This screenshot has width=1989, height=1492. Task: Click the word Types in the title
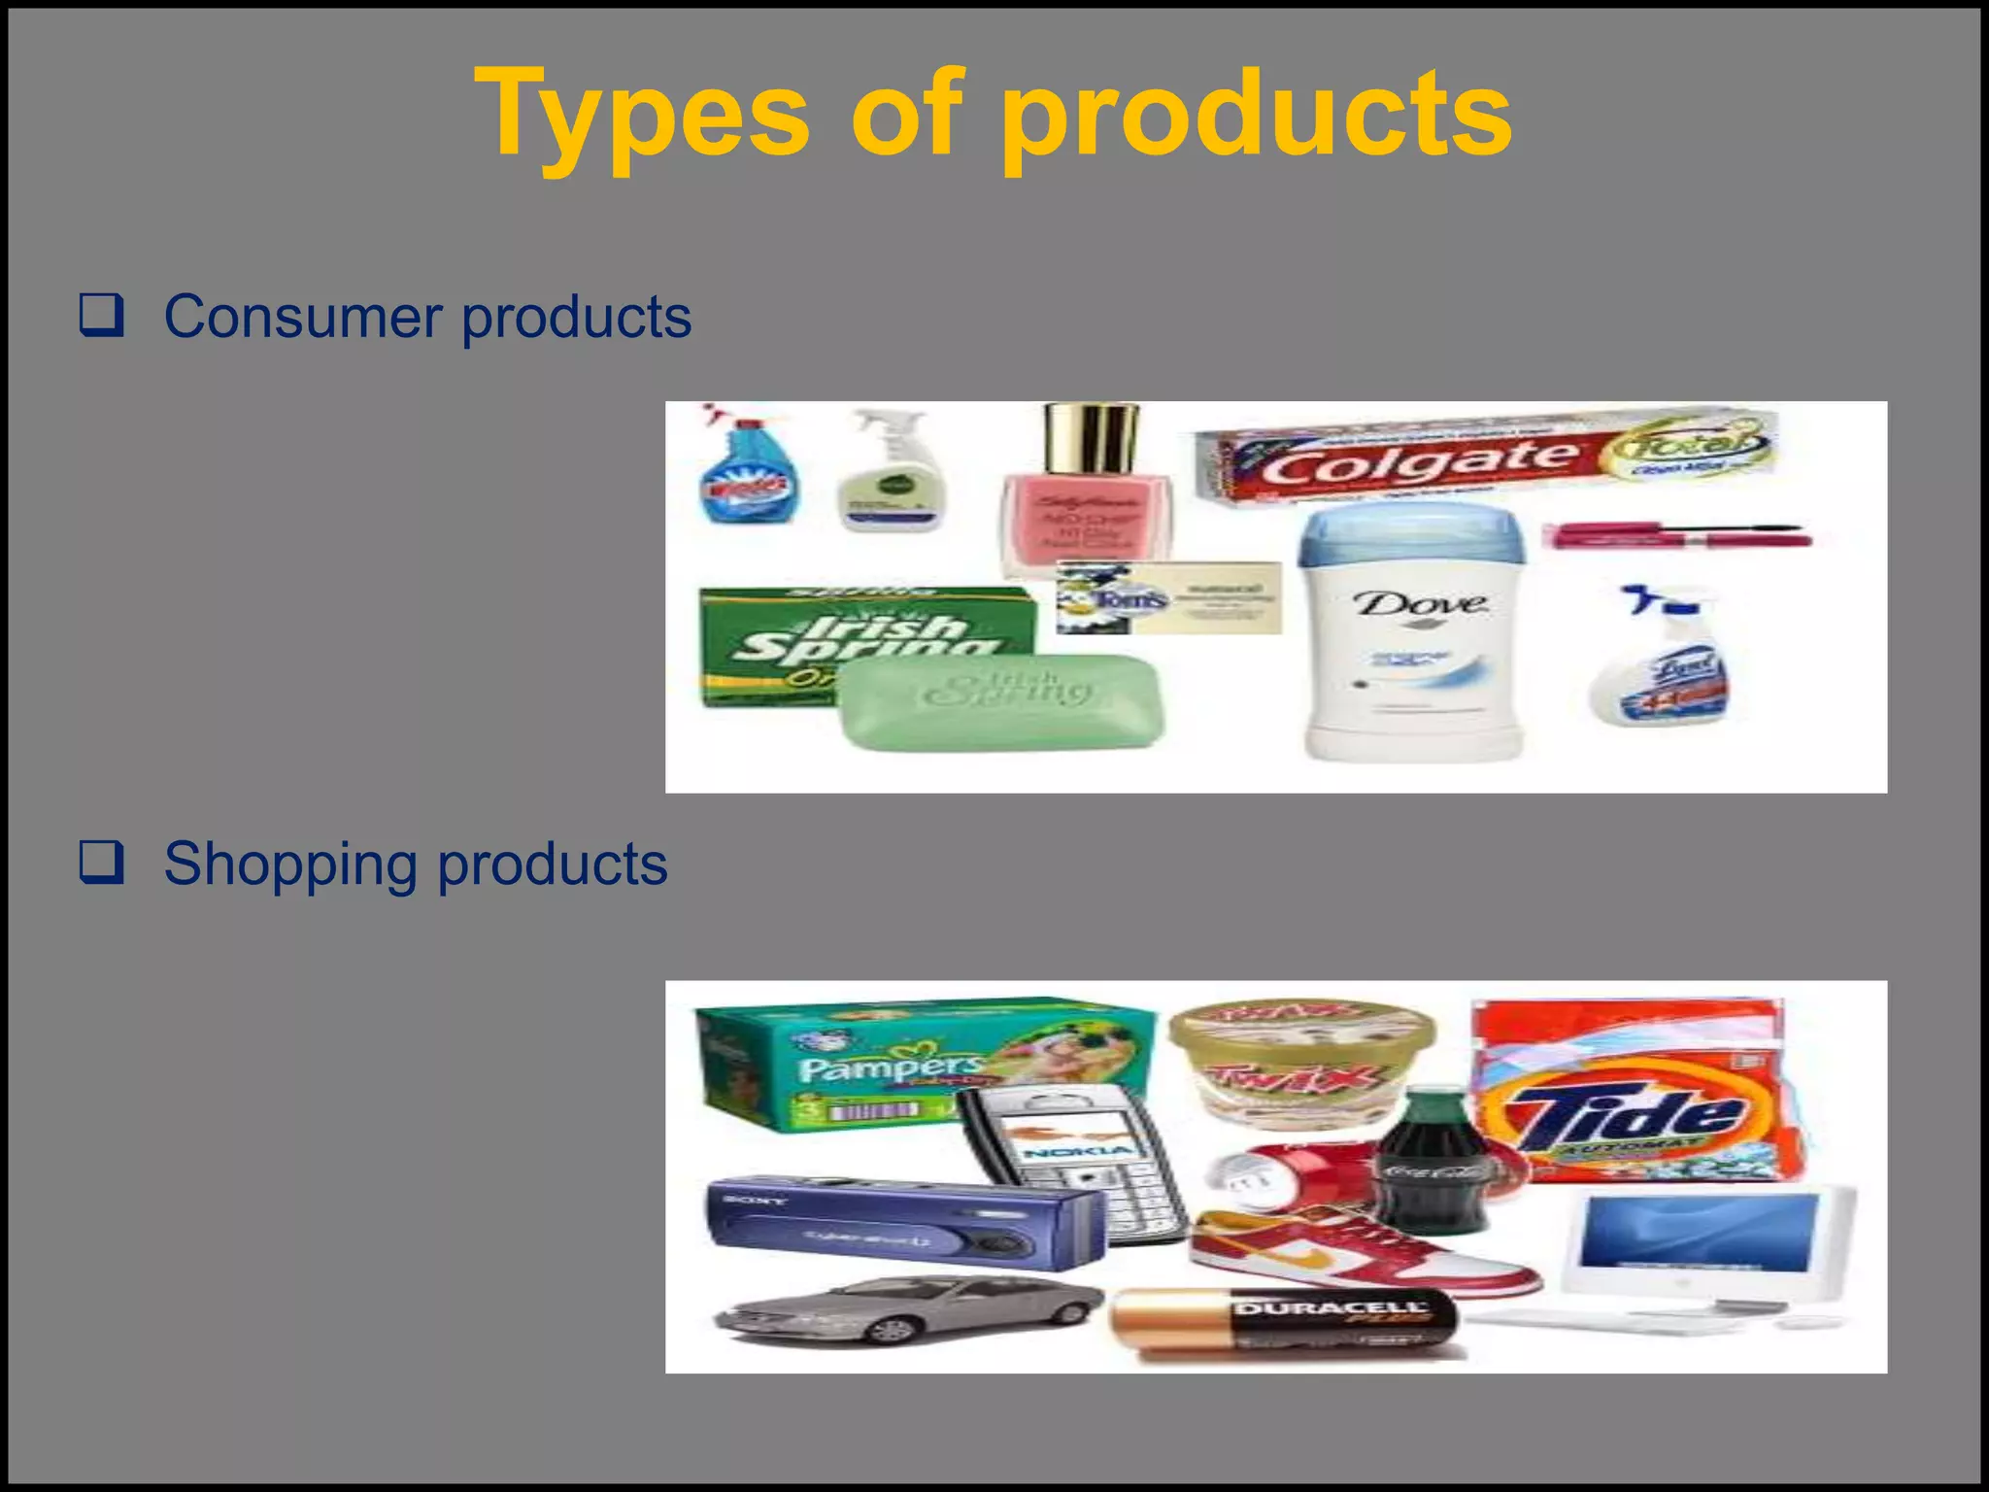click(x=641, y=115)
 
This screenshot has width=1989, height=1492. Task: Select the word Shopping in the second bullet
click(x=291, y=864)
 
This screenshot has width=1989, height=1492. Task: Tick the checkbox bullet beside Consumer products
click(x=102, y=315)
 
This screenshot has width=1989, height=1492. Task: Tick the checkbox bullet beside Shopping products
click(x=102, y=862)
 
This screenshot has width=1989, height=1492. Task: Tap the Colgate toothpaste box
click(x=1486, y=457)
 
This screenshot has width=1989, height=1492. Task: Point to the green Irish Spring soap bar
click(x=1000, y=701)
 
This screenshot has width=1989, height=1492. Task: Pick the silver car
click(x=908, y=1306)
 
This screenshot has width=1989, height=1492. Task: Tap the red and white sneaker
click(x=1360, y=1253)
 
